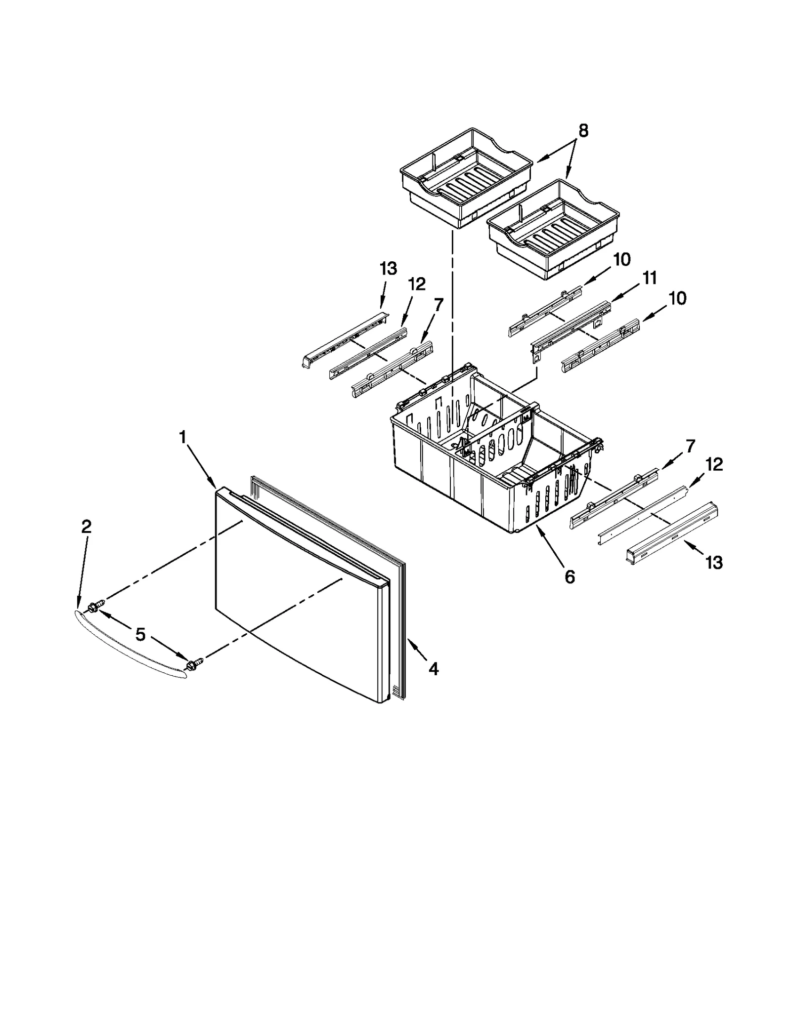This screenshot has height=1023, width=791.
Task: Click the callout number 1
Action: pos(182,437)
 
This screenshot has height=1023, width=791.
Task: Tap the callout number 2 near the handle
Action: pos(86,527)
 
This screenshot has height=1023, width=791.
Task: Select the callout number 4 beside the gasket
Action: pos(433,669)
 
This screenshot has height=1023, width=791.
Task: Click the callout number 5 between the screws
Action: pos(141,635)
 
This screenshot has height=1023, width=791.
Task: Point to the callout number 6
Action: pos(570,576)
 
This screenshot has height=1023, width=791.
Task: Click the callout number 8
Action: pos(583,131)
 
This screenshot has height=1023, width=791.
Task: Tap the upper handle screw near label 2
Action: pos(95,606)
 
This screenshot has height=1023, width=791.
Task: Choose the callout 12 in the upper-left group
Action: pos(417,284)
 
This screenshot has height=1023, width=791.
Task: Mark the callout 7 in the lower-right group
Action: pos(690,446)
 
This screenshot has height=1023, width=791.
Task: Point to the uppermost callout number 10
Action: pos(622,259)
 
